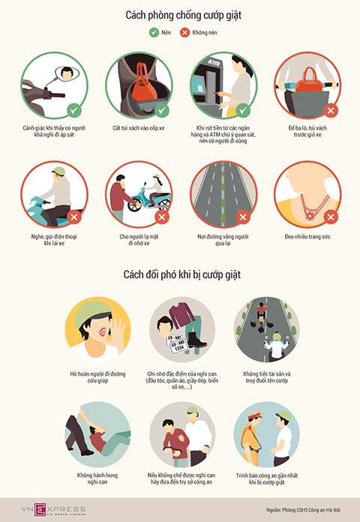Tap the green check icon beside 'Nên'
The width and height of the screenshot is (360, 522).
(153, 33)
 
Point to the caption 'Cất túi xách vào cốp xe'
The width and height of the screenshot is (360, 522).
(139, 128)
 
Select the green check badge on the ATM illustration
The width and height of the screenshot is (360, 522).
(243, 111)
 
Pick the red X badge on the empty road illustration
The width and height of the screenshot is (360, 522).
(243, 217)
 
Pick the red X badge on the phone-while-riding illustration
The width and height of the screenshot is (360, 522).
(73, 217)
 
